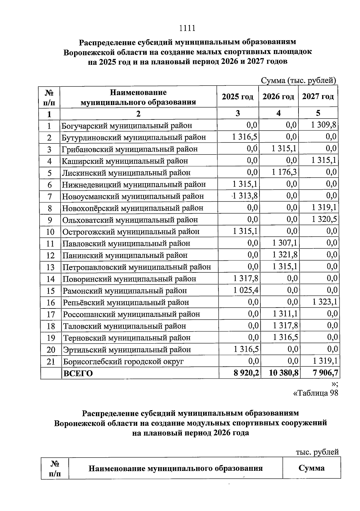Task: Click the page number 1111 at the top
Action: pos(187,28)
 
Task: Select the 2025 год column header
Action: pos(238,97)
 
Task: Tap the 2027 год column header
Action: pos(318,97)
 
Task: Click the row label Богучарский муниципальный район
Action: pos(127,126)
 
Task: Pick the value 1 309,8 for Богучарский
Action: pos(324,125)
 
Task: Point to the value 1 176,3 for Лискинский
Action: pos(284,172)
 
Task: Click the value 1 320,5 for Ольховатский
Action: pos(324,219)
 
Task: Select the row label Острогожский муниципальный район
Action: pos(131,232)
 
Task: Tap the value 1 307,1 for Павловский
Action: pos(285,243)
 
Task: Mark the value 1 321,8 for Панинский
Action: pos(285,255)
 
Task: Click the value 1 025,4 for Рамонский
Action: pos(246,290)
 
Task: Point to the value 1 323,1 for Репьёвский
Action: pos(325,302)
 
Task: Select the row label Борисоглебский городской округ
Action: pos(123,362)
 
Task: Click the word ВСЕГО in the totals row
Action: pos(78,374)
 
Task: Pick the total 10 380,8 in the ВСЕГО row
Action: pos(284,373)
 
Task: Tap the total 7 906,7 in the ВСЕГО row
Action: pos(325,373)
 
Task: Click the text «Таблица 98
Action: pos(315,393)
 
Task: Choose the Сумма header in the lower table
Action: pos(311,468)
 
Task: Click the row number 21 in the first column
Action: pos(51,362)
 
